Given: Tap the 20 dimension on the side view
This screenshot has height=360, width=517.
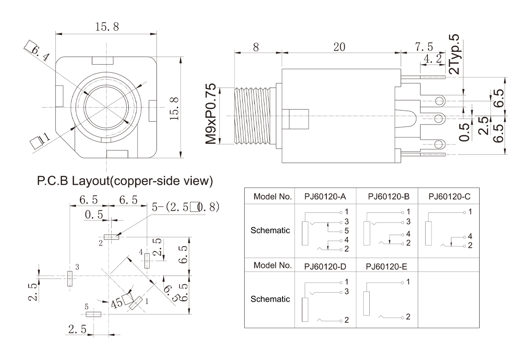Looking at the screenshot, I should coord(339,47).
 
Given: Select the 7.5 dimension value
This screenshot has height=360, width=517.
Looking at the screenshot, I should coord(424,47).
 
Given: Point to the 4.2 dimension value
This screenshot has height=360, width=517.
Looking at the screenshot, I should coord(432,59).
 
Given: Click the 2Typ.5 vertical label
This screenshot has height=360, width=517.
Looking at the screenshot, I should coord(454,54).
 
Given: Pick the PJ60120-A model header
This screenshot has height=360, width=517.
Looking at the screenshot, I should coord(325,196).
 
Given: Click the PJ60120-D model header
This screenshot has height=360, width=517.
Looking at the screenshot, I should coord(325,266).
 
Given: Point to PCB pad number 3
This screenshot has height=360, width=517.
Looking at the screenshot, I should coord(70,279).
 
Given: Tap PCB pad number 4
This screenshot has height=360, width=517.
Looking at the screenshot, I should coord(147,260).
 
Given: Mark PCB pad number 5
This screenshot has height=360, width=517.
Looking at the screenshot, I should coord(94,314).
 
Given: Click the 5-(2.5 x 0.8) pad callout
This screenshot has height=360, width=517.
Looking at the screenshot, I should coord(185,207).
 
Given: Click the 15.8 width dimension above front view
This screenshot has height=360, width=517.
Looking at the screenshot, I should coord(106,27).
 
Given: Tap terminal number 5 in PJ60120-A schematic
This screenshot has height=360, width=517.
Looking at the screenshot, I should coord(345,231).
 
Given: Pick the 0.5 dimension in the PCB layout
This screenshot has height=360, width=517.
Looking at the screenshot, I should coord(94,215).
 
